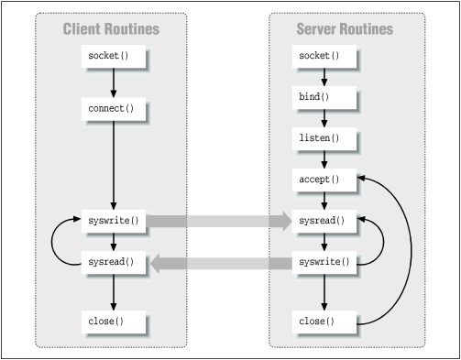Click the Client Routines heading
(111, 29)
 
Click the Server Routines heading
(345, 29)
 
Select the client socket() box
(112, 57)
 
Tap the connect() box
(112, 109)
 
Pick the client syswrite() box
(112, 221)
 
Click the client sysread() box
(112, 263)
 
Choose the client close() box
(112, 322)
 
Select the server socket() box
(320, 57)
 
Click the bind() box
(320, 96)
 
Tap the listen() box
(320, 137)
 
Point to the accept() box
(320, 180)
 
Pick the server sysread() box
(320, 221)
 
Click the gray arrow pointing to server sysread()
(216, 221)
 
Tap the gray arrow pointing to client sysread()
(220, 264)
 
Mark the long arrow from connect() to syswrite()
(112, 165)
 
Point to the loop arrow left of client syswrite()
(54, 242)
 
